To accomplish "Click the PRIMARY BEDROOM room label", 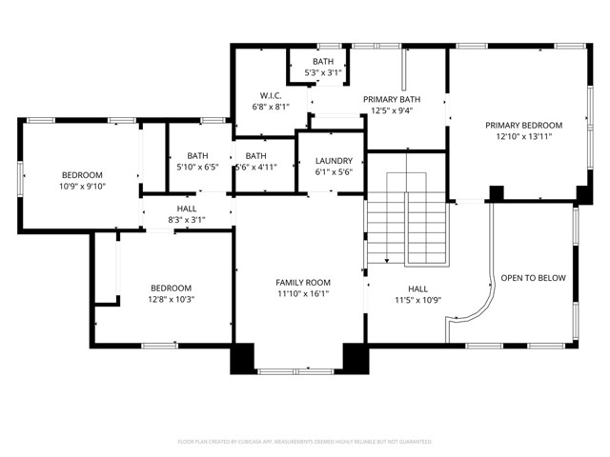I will coord(523,125).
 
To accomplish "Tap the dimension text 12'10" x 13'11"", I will coord(523,137).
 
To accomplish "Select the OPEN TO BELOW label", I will coord(533,278).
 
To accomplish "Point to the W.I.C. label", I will coord(270,95).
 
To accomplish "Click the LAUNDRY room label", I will coord(334,161).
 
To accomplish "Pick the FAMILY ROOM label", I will coord(303,282).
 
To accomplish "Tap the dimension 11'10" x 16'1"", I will coord(303,294).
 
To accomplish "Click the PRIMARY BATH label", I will coord(392,98).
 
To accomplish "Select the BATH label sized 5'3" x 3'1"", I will coord(323,62).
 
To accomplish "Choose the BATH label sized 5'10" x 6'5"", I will coord(197,155).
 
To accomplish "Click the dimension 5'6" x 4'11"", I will coord(255,168).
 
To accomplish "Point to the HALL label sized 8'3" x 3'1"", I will coord(187,209).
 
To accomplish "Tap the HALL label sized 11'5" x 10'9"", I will coord(417,288).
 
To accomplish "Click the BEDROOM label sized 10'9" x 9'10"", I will coord(82,175).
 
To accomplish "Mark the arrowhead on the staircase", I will coord(387,260).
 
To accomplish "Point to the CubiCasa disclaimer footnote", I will coord(305,442).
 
